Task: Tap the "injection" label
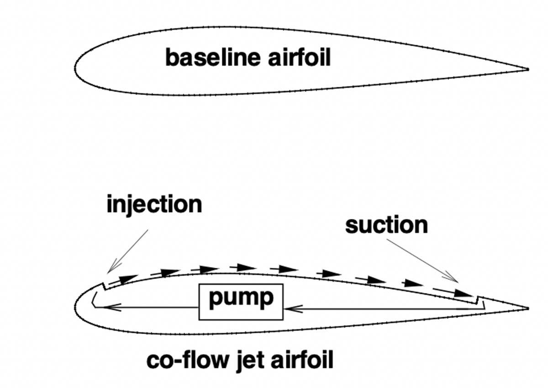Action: coord(154,204)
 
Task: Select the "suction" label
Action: coord(386,225)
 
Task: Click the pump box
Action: coord(241,302)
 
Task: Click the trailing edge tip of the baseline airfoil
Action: coord(527,69)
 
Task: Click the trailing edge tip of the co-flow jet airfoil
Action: coord(527,308)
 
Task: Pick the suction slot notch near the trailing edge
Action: coord(477,300)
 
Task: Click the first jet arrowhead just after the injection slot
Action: coord(127,277)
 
